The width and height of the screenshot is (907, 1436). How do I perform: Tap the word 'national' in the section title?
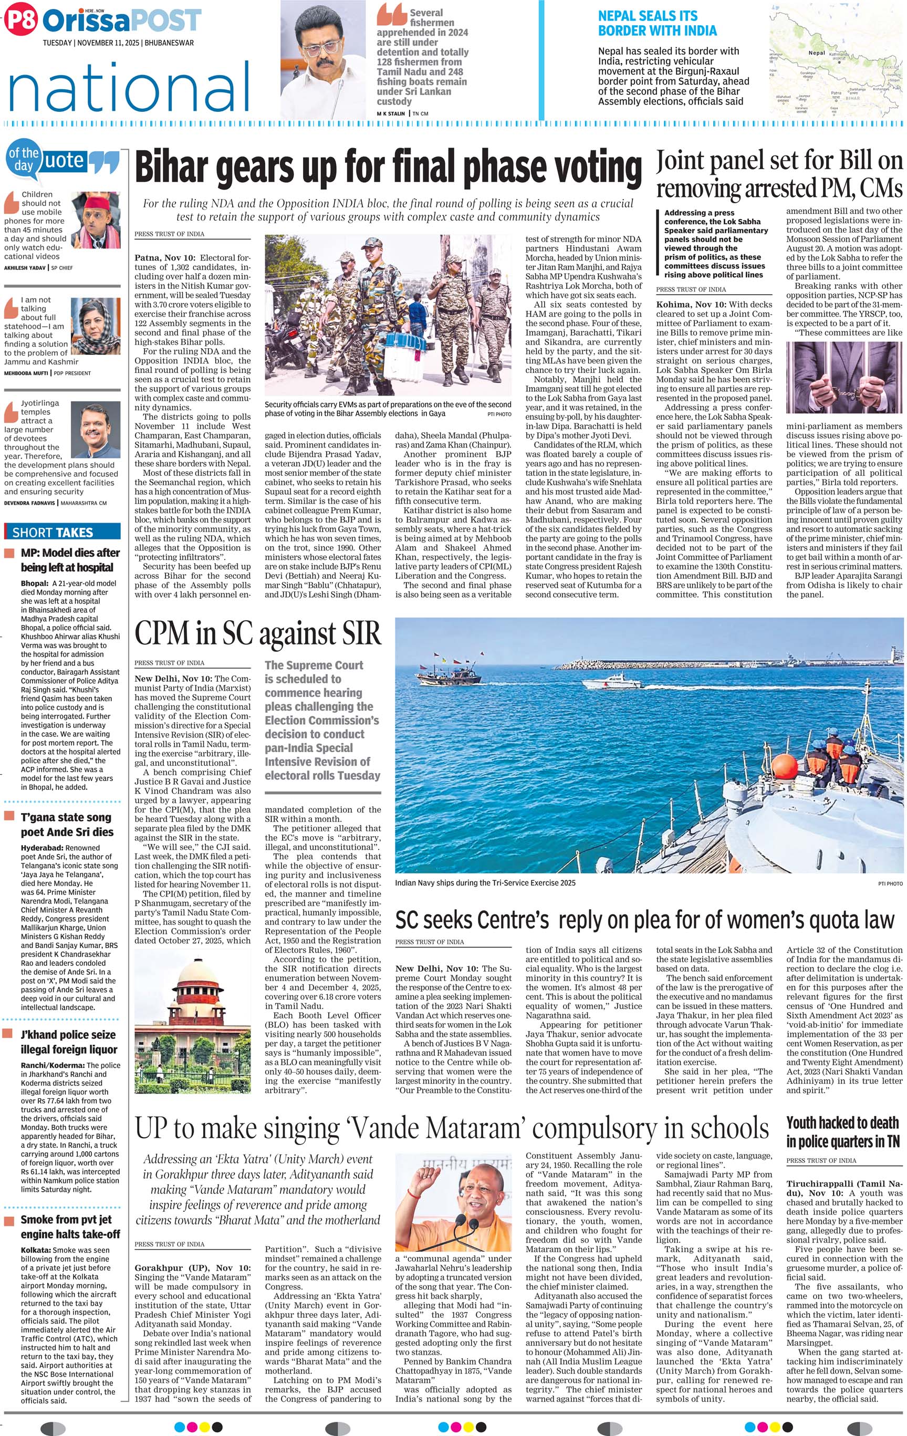pos(129,85)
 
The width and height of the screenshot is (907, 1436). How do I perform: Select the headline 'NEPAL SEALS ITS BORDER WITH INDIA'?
pos(657,23)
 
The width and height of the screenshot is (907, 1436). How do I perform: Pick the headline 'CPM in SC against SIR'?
pos(258,633)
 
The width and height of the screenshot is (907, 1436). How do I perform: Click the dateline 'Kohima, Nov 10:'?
pos(691,304)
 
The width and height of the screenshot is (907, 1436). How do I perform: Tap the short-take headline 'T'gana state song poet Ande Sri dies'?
pos(66,824)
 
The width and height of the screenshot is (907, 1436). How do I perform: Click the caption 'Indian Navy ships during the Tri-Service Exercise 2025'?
pos(485,882)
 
